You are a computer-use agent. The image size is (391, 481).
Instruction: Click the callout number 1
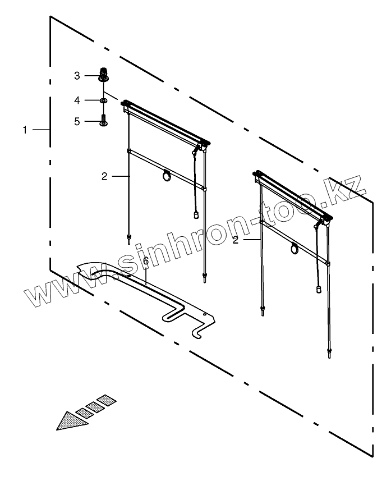coord(25,130)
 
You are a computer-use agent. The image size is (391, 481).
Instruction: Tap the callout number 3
coord(77,75)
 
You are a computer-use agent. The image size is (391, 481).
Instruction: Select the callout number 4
coord(77,100)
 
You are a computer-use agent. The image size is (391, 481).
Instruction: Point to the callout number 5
coord(77,121)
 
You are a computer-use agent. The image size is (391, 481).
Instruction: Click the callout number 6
coord(146,262)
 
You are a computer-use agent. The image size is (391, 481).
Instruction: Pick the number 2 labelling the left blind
coord(104,176)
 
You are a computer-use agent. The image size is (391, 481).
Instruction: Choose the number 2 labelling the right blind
coord(236,240)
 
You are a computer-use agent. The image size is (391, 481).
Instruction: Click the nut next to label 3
coord(103,74)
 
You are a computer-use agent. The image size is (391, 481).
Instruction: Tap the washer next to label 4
coord(103,100)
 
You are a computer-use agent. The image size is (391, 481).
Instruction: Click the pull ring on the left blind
coord(167,176)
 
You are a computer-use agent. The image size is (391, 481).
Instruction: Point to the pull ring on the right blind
coord(295,249)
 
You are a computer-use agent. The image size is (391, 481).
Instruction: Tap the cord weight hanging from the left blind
coord(196,214)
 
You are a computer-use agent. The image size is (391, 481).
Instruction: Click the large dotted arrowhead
coord(71,420)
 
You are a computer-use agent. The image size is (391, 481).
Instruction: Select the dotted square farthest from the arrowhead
coord(108,401)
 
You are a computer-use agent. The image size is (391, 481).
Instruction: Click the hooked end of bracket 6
coord(200,335)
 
